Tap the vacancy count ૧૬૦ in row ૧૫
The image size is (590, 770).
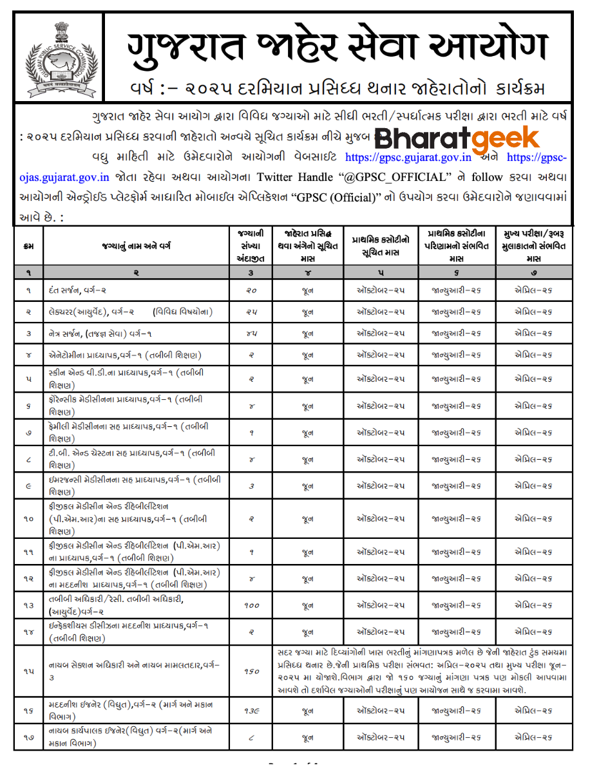(251, 671)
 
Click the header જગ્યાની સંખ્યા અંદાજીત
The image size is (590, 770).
(251, 245)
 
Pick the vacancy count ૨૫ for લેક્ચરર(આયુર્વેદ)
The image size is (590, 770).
(251, 312)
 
